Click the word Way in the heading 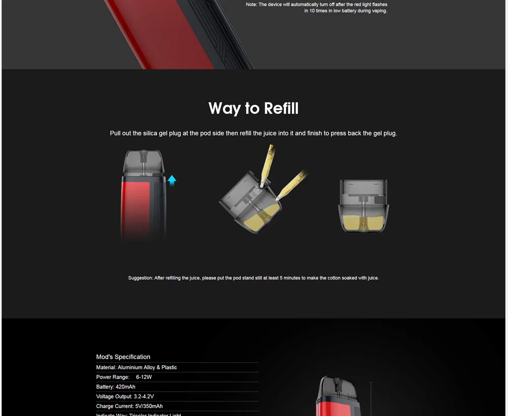tap(224, 109)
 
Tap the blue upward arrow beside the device tap(172, 180)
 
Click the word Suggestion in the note tap(140, 278)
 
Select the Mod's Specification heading tap(123, 357)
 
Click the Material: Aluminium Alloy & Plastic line tap(136, 367)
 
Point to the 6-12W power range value tap(144, 377)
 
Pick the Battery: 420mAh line tap(115, 387)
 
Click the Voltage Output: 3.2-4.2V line tap(124, 396)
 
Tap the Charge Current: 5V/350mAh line tap(129, 406)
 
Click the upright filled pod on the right tap(363, 206)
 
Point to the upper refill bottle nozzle tap(268, 164)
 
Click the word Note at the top tap(251, 5)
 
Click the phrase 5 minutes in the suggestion tap(288, 278)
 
